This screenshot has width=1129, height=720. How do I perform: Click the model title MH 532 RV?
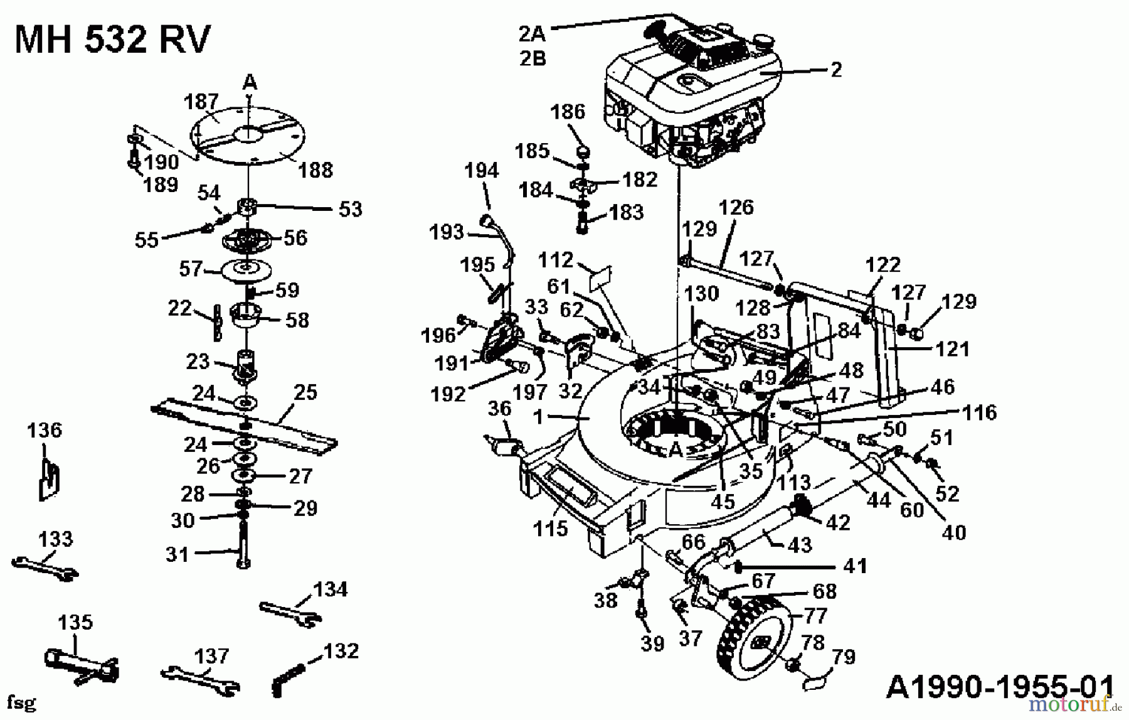[112, 40]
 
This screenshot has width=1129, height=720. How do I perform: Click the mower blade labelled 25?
[245, 426]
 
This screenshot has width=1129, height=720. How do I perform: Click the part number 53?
[350, 209]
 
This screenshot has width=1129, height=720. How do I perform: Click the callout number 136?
[45, 431]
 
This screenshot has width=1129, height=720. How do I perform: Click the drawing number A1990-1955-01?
[1000, 685]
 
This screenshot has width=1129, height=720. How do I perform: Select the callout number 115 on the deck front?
[550, 529]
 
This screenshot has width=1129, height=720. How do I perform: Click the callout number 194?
[481, 170]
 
